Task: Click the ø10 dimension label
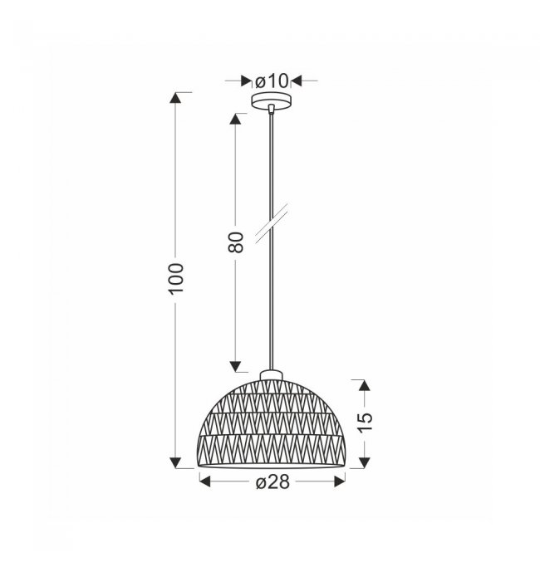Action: click(x=272, y=81)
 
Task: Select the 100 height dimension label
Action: click(x=176, y=279)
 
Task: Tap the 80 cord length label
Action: click(x=236, y=242)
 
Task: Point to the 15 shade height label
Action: click(x=366, y=423)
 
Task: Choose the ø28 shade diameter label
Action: click(x=272, y=482)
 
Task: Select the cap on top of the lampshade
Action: click(x=272, y=375)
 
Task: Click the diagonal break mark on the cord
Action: click(x=272, y=224)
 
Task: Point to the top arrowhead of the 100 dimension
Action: click(x=175, y=98)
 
